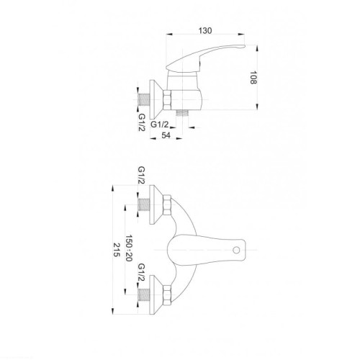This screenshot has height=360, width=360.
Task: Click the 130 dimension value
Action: click(205, 31)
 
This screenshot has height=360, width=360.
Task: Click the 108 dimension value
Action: click(253, 78)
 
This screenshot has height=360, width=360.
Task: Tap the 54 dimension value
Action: click(166, 135)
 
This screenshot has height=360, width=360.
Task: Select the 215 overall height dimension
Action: click(117, 250)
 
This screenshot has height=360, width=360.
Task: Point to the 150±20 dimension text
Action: click(129, 248)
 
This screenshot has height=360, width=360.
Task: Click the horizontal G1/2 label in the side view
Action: click(160, 125)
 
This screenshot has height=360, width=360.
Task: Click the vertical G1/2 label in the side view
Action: click(142, 122)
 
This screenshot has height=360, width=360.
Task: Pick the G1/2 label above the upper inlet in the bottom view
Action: click(141, 175)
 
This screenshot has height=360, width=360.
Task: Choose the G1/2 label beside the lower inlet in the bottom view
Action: click(142, 273)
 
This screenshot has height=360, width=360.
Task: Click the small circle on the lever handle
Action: click(236, 251)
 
